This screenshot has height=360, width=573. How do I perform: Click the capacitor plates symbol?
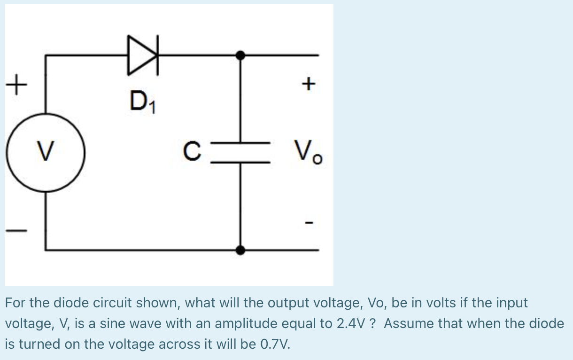point(240,151)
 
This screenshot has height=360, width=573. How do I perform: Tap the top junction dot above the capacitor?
point(240,55)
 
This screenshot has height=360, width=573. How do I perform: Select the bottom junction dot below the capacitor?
point(240,250)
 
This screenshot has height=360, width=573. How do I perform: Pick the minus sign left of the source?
point(16,231)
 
